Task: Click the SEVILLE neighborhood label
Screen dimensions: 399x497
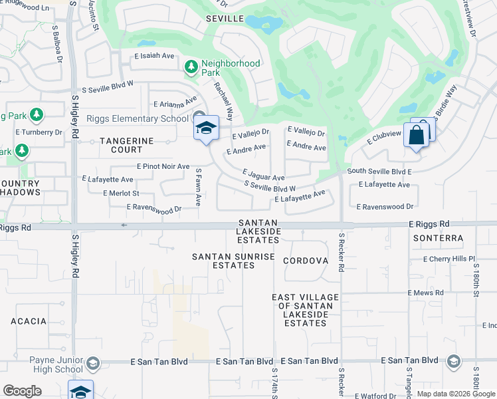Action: [x=225, y=19]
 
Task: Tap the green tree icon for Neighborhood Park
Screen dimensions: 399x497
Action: [x=191, y=66]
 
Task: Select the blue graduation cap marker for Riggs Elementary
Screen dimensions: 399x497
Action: [x=206, y=128]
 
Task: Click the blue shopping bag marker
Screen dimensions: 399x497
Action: [x=416, y=136]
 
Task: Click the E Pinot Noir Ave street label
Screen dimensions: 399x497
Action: [x=163, y=166]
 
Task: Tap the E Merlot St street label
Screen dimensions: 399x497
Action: [x=121, y=193]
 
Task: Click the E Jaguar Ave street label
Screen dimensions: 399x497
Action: [x=263, y=174]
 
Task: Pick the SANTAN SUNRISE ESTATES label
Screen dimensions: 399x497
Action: [x=224, y=261]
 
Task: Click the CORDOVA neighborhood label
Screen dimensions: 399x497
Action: [x=306, y=261]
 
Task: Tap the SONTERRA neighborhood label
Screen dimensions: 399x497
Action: [x=438, y=237]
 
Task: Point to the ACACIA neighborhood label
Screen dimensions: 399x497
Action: [x=29, y=321]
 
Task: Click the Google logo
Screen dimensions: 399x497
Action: [x=22, y=391]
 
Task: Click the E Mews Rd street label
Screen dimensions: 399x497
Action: [x=425, y=293]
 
